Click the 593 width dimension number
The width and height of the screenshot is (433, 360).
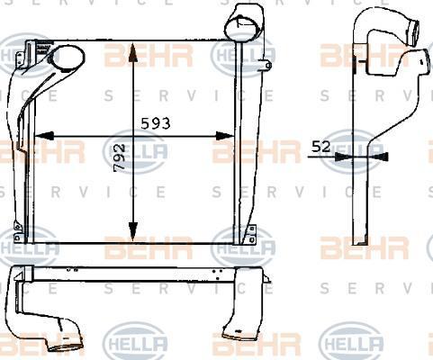[156, 123]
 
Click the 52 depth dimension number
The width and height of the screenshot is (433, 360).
[321, 147]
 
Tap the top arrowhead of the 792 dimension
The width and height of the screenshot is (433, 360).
[132, 53]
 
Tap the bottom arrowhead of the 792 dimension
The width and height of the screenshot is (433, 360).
[132, 232]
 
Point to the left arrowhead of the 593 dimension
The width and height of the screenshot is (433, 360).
[44, 136]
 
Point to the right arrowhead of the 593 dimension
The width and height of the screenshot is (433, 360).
[225, 136]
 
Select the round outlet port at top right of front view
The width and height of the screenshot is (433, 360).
[240, 26]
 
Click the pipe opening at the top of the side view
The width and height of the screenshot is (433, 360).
[414, 32]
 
